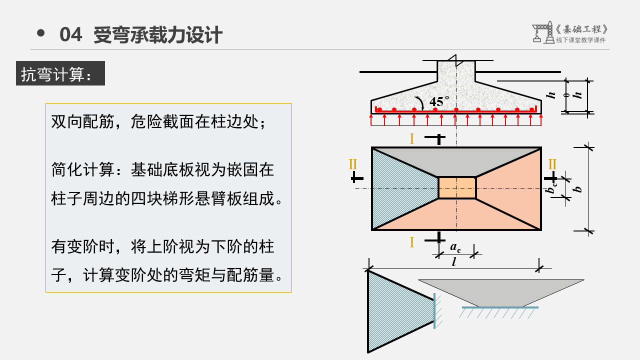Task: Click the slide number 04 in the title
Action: (x=70, y=35)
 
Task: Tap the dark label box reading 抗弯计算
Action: (x=60, y=73)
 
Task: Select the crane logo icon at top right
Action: (x=540, y=32)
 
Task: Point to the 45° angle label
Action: (x=439, y=100)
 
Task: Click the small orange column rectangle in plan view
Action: (x=457, y=188)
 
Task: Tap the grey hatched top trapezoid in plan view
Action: (x=456, y=160)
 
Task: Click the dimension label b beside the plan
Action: (x=579, y=188)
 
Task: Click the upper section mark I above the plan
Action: (x=412, y=139)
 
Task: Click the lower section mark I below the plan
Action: (x=412, y=242)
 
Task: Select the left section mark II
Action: (x=353, y=164)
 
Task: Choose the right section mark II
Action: (x=552, y=164)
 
